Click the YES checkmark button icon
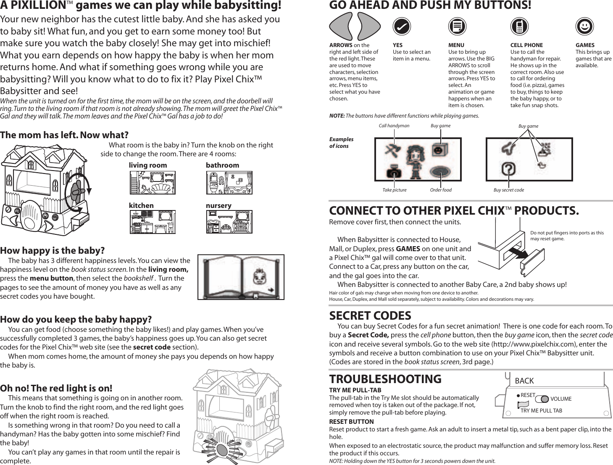pyautogui.click(x=402, y=26)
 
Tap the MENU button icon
pyautogui.click(x=457, y=26)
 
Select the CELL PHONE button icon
pyautogui.click(x=519, y=26)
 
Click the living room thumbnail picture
pyautogui.click(x=153, y=183)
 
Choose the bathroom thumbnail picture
pyautogui.click(x=229, y=183)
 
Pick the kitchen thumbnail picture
pyautogui.click(x=153, y=222)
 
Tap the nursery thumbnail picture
pyautogui.click(x=229, y=222)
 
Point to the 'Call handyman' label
pyautogui.click(x=394, y=126)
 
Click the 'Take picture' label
pyautogui.click(x=394, y=190)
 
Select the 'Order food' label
pyautogui.click(x=441, y=190)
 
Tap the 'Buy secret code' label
pyautogui.click(x=508, y=190)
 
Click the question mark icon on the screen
pyautogui.click(x=508, y=169)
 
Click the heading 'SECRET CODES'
pyautogui.click(x=370, y=315)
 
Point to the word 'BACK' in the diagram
pyautogui.click(x=524, y=381)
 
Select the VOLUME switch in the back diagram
pyautogui.click(x=542, y=399)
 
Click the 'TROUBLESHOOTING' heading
pyautogui.click(x=385, y=379)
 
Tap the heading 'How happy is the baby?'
pyautogui.click(x=52, y=251)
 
